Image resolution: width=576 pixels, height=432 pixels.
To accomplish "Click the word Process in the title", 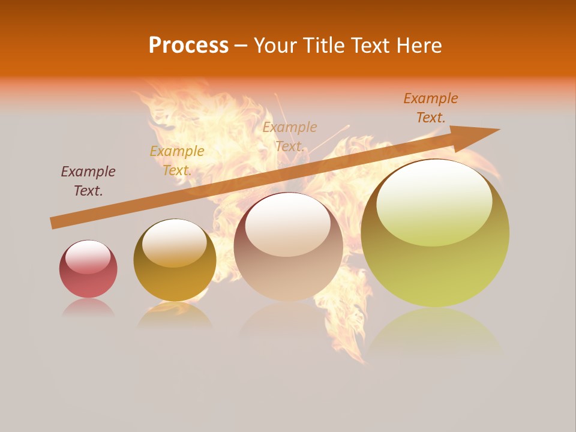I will [x=188, y=46].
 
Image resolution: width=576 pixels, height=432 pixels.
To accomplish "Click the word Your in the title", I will [x=276, y=46].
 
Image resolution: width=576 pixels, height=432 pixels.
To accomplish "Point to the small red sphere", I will [x=88, y=269].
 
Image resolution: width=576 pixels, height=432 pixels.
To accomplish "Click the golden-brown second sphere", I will [x=175, y=260].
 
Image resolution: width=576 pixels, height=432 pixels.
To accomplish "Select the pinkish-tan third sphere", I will [x=288, y=247].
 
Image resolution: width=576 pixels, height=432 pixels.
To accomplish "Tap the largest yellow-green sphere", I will [x=435, y=233].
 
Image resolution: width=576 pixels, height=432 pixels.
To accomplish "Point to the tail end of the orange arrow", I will [x=55, y=223].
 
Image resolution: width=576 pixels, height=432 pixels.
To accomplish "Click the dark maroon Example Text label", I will [x=88, y=181].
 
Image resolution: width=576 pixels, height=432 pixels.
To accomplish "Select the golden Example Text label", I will [x=177, y=160].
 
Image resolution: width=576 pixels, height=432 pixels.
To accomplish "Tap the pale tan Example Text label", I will [x=290, y=136].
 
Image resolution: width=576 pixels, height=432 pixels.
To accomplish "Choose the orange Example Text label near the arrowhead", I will [x=431, y=107].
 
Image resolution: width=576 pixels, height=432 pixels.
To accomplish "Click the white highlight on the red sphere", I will [x=88, y=256].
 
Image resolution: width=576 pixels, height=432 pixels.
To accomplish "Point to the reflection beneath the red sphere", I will [x=88, y=308].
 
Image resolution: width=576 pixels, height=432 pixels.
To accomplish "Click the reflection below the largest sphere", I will [x=435, y=330].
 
